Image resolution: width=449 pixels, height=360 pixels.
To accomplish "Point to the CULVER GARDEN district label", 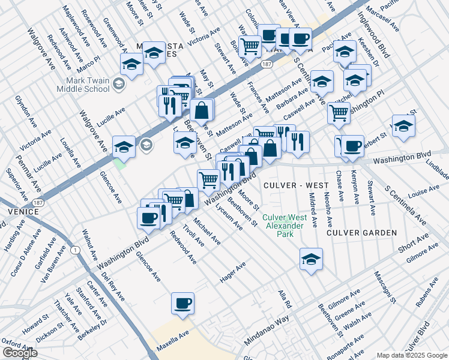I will click(x=361, y=232).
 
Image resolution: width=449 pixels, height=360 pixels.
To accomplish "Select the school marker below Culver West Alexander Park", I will click(x=311, y=259).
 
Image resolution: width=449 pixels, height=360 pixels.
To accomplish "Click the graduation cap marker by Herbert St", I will click(x=403, y=126).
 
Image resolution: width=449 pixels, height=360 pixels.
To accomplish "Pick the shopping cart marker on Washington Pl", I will click(x=339, y=112).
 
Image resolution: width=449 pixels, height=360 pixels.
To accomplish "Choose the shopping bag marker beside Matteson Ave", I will click(x=202, y=110).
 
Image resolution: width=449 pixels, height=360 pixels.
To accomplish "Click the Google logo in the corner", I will click(x=20, y=353).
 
